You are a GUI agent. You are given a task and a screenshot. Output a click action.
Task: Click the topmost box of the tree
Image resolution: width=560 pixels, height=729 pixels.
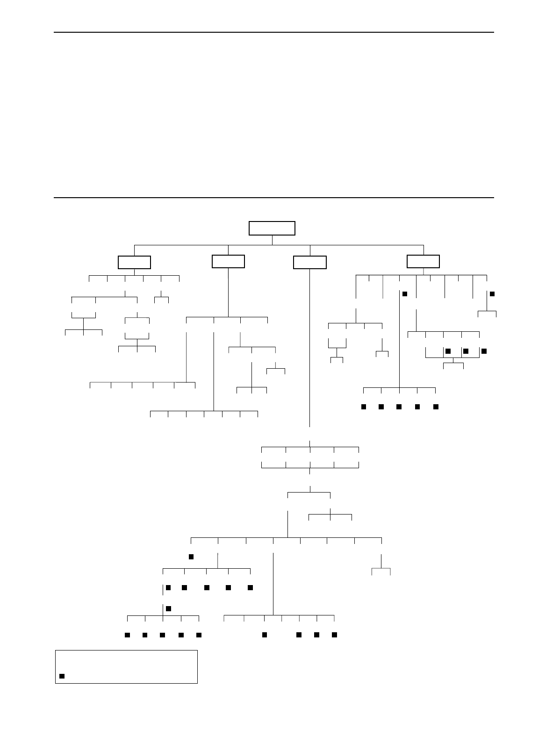tap(272, 228)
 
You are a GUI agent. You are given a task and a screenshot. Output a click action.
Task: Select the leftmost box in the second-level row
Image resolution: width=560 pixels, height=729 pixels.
tap(134, 262)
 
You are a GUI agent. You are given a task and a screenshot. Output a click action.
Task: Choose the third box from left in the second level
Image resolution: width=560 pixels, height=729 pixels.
tap(309, 262)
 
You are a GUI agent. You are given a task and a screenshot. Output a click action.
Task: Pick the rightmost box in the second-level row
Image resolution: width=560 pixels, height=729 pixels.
tap(423, 261)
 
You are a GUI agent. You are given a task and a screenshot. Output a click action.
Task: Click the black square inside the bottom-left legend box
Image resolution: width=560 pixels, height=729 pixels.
tap(62, 676)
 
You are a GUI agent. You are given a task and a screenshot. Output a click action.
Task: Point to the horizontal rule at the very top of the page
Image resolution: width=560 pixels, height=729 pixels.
tap(274, 32)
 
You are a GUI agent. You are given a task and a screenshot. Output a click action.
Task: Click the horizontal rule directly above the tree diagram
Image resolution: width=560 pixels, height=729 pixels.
tap(274, 198)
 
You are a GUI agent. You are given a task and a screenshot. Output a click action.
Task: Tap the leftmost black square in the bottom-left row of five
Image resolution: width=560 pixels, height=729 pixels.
tap(127, 635)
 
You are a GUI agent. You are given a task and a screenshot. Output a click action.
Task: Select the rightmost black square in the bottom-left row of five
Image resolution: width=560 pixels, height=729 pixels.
tap(199, 635)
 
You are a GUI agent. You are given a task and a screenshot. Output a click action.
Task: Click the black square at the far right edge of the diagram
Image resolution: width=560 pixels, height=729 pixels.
tap(492, 293)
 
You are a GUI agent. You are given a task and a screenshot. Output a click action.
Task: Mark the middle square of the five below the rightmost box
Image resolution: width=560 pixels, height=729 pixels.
tap(399, 407)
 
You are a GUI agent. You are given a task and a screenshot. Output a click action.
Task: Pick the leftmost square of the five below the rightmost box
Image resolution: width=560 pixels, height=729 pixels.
tap(363, 407)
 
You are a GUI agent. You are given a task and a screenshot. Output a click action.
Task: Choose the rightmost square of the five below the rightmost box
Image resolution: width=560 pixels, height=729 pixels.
tap(436, 407)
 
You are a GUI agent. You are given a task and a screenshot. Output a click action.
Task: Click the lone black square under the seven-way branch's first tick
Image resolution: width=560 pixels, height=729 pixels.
tap(191, 557)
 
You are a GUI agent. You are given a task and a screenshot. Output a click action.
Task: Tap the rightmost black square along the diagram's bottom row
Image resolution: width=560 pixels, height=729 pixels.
tap(334, 635)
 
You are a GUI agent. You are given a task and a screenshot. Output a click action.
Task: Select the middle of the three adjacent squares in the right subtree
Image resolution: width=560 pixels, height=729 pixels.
tap(465, 350)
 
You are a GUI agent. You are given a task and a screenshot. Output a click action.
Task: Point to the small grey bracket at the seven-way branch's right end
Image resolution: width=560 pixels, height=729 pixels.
tap(381, 569)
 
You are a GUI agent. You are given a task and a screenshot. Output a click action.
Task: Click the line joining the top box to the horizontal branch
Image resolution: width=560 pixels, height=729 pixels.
tap(272, 240)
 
